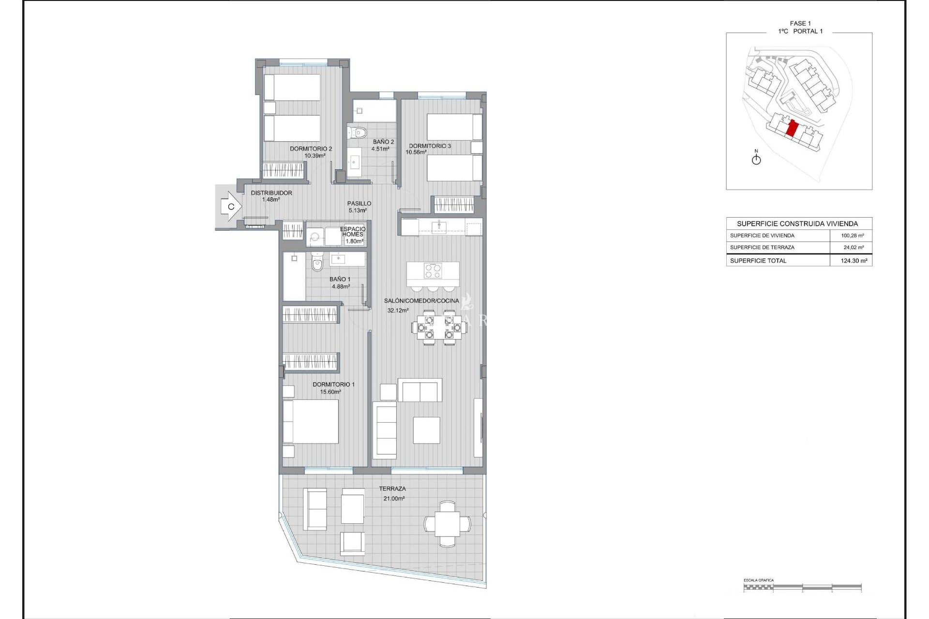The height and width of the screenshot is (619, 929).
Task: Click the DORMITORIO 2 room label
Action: tap(311, 149)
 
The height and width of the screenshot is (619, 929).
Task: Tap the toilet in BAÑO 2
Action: tap(358, 132)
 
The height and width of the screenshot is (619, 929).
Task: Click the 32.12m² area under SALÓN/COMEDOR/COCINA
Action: tap(398, 310)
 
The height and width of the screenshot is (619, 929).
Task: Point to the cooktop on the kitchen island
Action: tap(433, 271)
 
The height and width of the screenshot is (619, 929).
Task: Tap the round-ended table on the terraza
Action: tap(447, 524)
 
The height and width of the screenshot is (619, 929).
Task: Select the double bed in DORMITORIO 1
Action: tap(311, 422)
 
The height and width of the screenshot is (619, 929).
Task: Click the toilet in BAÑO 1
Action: tap(317, 264)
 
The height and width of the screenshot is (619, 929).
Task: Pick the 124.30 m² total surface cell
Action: tap(854, 261)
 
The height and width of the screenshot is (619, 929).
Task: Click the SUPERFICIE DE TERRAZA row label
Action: tap(762, 248)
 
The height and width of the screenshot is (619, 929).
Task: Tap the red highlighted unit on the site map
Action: tap(792, 129)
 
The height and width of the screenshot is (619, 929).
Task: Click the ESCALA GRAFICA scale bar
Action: tap(802, 587)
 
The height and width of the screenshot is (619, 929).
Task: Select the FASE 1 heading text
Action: tap(800, 23)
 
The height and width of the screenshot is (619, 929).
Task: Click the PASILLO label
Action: tap(359, 204)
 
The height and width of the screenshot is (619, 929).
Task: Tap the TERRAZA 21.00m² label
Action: tap(393, 493)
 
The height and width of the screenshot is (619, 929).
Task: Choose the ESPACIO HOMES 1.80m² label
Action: tap(353, 235)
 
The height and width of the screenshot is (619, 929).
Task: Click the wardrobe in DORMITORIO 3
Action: tap(454, 205)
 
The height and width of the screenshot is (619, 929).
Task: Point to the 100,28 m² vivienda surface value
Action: tap(852, 236)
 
